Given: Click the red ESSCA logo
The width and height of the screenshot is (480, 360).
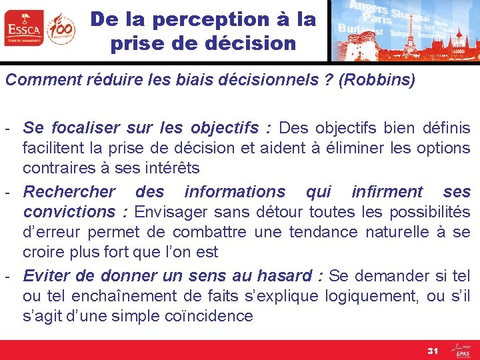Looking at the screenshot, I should (23, 28).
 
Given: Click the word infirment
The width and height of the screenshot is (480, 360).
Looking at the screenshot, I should (388, 192).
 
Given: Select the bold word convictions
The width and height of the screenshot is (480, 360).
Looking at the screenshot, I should (69, 212).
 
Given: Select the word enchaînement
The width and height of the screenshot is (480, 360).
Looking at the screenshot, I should (126, 295).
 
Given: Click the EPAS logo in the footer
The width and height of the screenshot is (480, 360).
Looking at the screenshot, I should (461, 349).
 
